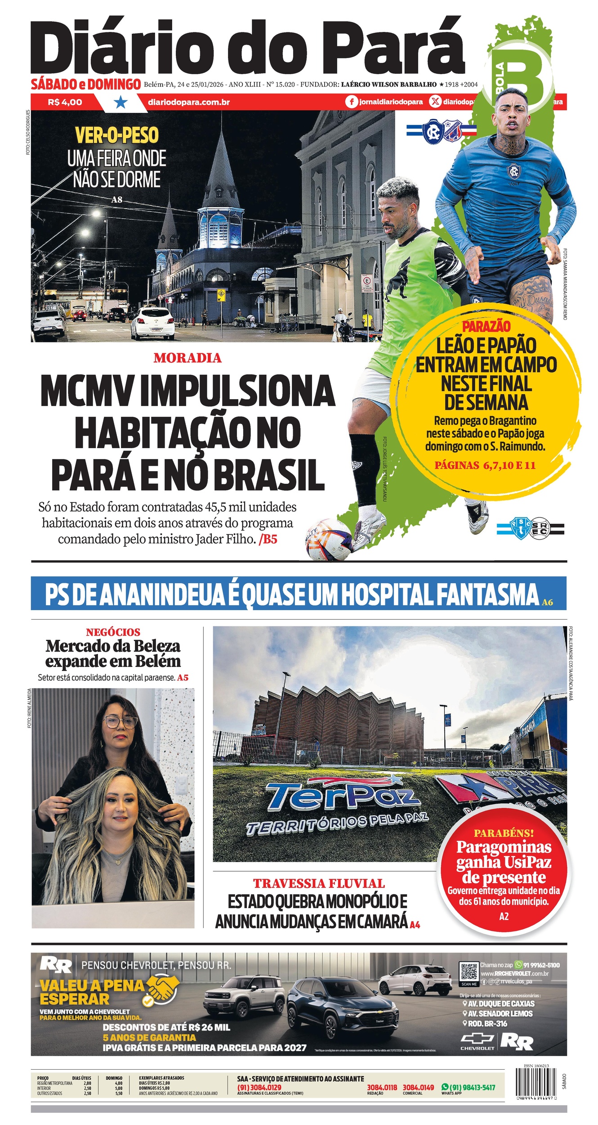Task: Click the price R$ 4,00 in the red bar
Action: [65, 102]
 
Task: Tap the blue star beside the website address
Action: [120, 103]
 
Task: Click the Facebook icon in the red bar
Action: [352, 102]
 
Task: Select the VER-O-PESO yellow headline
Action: [116, 135]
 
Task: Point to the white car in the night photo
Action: [152, 323]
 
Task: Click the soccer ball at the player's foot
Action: [329, 539]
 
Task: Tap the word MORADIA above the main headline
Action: [187, 358]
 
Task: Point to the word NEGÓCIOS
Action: [113, 632]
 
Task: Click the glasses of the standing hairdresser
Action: [120, 722]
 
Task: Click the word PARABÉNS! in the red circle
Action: [504, 833]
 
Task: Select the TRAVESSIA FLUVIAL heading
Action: [319, 883]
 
